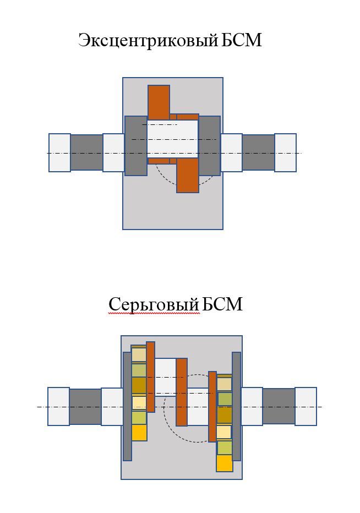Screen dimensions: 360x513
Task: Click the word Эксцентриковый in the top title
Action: tap(148, 41)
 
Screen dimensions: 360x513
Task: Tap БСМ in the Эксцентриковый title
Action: tap(242, 40)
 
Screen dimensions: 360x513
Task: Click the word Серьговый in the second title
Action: tap(154, 304)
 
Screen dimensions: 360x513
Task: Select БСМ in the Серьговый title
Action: tap(222, 304)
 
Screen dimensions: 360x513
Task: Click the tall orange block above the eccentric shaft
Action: tap(159, 102)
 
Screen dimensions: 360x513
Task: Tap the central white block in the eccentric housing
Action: tap(172, 139)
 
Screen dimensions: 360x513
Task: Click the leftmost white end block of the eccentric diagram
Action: tap(59, 152)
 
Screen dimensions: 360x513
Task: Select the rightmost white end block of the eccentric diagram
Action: tap(285, 152)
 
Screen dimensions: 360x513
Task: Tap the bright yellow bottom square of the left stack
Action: tap(139, 433)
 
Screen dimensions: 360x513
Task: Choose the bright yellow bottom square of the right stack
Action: tap(225, 463)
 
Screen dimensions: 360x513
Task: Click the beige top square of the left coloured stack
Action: tap(139, 354)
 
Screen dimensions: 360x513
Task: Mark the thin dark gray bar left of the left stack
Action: tap(127, 406)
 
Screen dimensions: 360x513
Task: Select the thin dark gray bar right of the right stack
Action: tap(236, 406)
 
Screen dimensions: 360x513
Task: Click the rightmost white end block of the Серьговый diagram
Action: tap(306, 406)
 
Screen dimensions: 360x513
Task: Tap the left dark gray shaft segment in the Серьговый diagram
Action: tap(85, 406)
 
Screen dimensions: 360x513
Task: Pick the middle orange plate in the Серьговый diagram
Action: tap(182, 392)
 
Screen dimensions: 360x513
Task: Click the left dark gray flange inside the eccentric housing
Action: tap(136, 146)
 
